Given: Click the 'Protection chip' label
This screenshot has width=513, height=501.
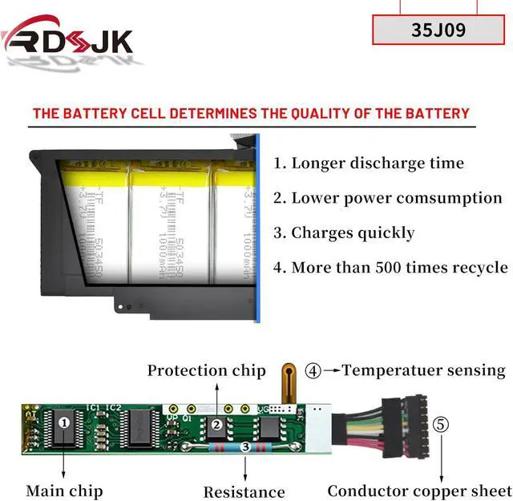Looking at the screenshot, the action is click(206, 370).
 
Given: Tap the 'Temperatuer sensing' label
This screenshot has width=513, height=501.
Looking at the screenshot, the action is click(424, 370).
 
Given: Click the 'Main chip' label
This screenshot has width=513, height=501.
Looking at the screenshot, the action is click(64, 490).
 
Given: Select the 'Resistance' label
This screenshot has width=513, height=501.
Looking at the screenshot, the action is click(244, 491).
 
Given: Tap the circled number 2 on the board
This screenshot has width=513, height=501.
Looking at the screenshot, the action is click(215, 425).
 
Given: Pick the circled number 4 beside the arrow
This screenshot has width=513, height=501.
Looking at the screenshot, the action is click(313, 370).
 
